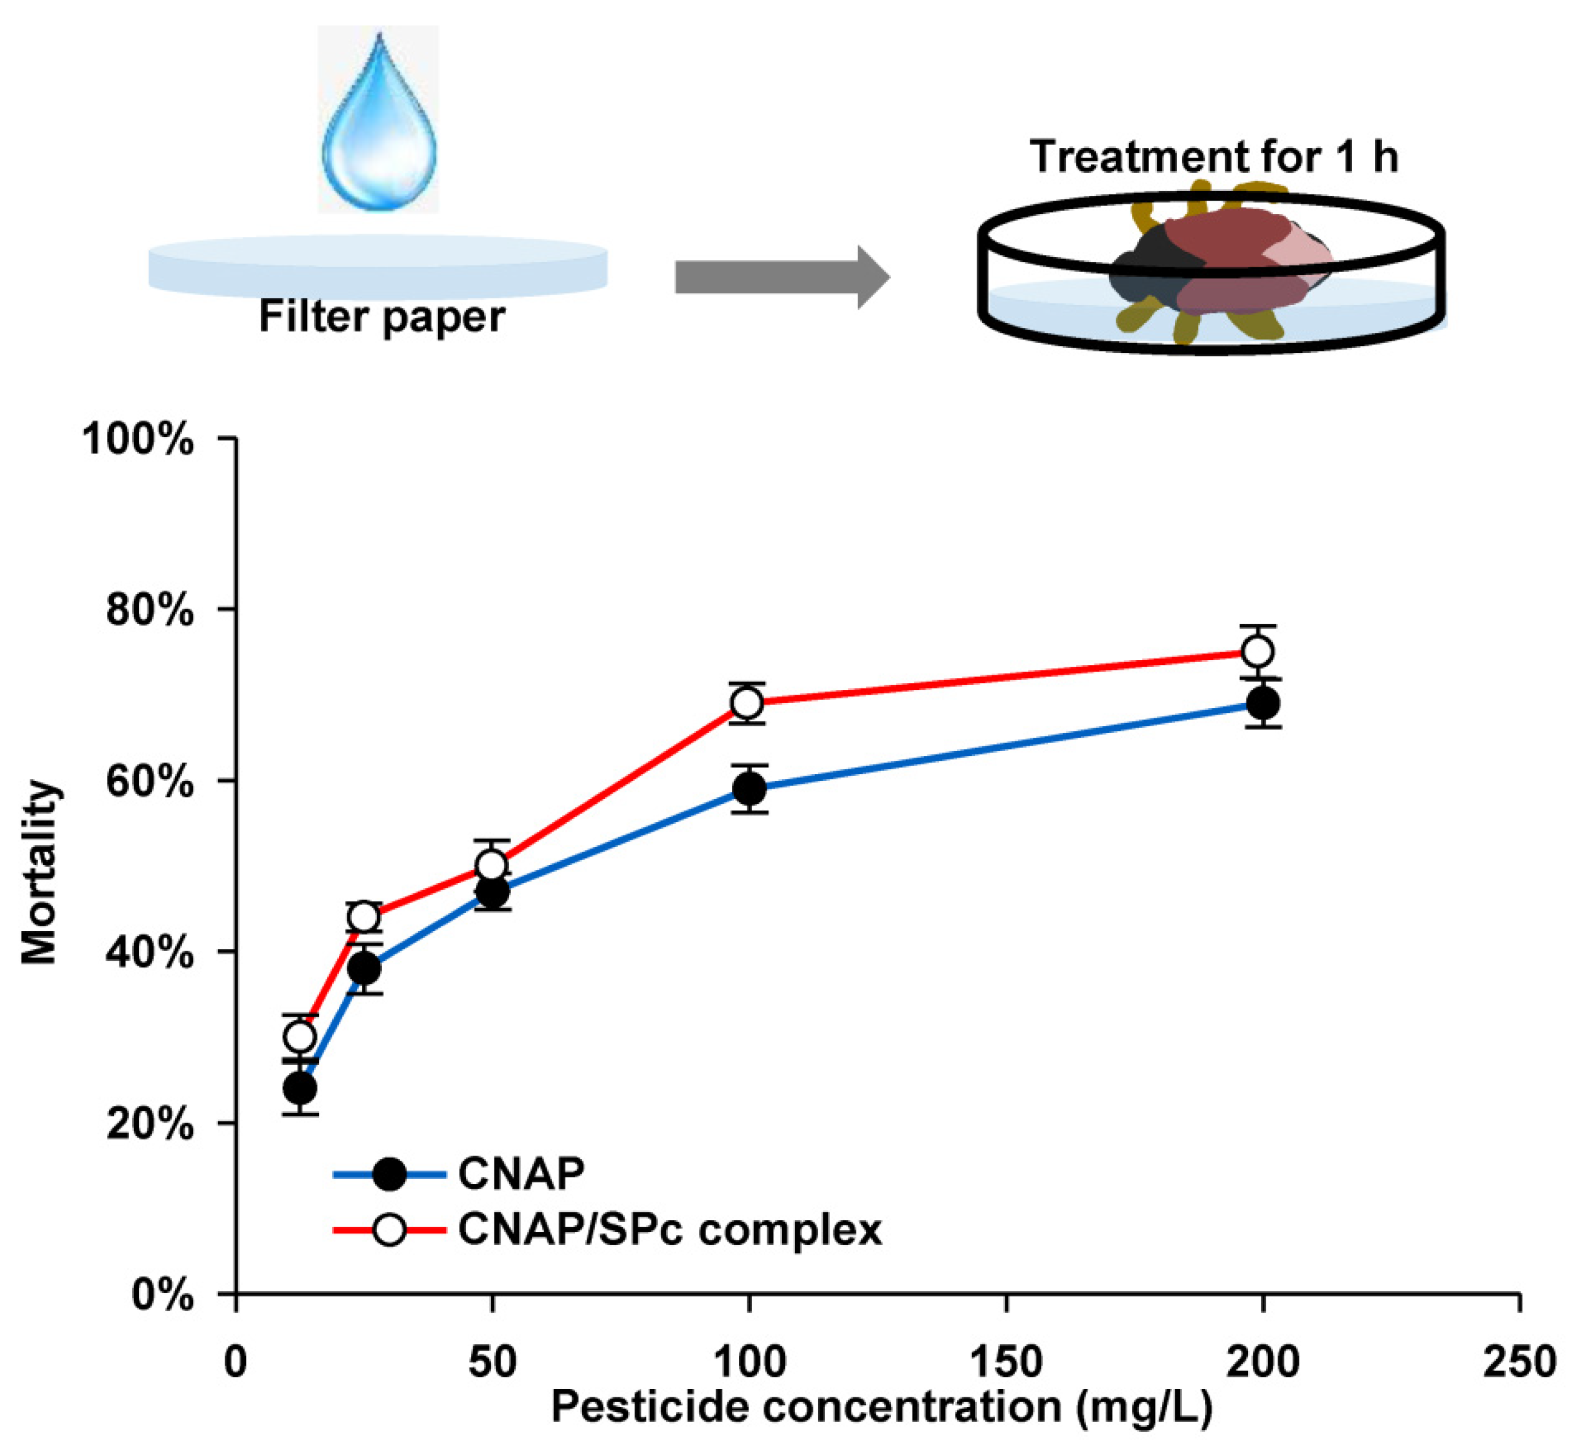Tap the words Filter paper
point(382,317)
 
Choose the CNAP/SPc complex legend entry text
point(669,1229)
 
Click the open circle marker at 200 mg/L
point(1258,652)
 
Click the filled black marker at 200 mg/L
point(1263,703)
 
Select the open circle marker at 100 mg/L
point(747,704)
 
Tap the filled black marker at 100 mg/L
point(750,789)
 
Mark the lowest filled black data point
point(301,1088)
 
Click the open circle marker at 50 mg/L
point(492,865)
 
